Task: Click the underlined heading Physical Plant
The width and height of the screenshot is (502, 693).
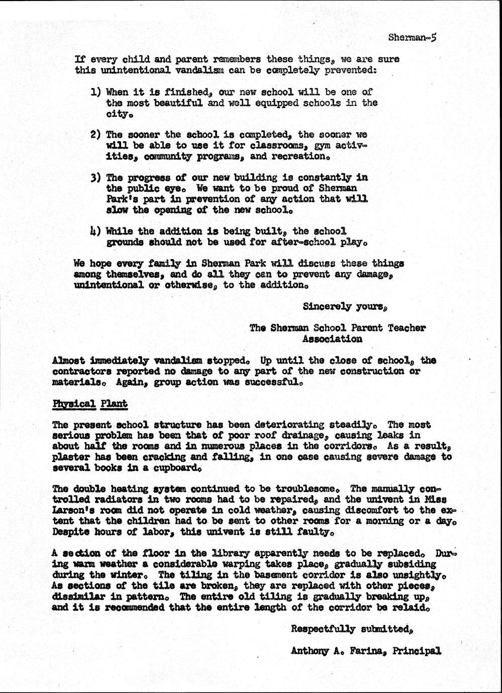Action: [90, 404]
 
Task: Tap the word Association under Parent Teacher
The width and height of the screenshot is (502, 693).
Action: [332, 339]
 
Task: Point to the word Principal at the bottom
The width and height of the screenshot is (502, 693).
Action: [417, 651]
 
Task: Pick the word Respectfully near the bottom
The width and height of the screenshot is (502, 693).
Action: [323, 629]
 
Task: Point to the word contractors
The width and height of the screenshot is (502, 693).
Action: [82, 371]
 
